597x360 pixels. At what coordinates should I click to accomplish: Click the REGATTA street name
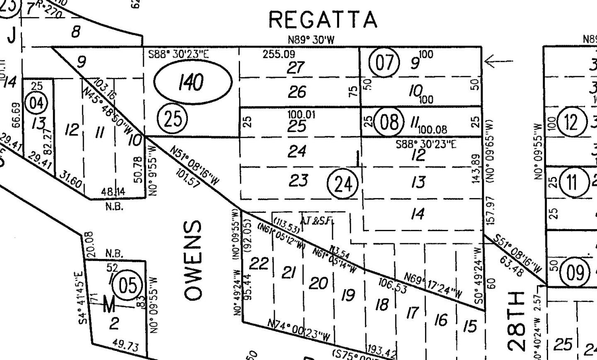(x=323, y=19)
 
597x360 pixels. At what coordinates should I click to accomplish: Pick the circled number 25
(x=172, y=119)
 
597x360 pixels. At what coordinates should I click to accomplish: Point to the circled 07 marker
(x=384, y=63)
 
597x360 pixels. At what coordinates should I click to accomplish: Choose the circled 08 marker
(x=389, y=122)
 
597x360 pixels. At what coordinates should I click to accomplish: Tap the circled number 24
(x=342, y=184)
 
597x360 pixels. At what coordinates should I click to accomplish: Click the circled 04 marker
(x=36, y=103)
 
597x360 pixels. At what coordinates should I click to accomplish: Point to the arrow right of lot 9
(x=498, y=62)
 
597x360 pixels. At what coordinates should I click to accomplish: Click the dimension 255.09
(x=279, y=54)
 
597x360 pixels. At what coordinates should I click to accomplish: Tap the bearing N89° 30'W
(x=311, y=40)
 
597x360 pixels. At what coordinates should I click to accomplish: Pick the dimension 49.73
(x=125, y=345)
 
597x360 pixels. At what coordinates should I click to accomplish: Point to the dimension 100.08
(x=432, y=130)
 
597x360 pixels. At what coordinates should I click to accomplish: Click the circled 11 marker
(x=572, y=182)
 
